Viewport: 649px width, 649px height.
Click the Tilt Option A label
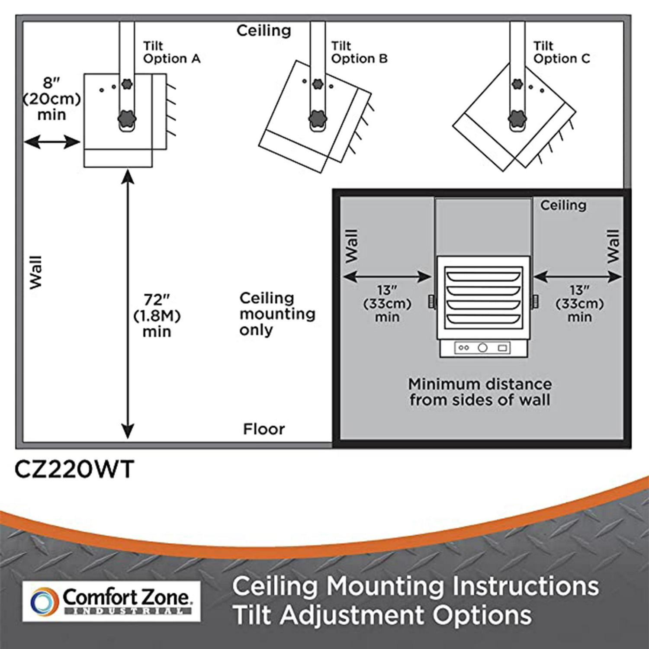(x=172, y=52)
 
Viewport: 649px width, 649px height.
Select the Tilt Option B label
(x=359, y=52)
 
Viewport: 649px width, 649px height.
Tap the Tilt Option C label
(x=562, y=52)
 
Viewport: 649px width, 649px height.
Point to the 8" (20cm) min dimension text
(x=51, y=99)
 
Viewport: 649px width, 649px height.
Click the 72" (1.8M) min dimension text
(x=157, y=316)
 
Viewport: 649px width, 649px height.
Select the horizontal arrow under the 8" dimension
(x=52, y=142)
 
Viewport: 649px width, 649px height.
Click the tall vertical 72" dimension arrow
(x=128, y=304)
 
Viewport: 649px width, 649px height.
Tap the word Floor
(x=264, y=429)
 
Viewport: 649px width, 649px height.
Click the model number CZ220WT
(x=74, y=469)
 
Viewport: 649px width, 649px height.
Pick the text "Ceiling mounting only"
(x=277, y=314)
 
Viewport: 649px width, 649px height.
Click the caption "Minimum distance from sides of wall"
(x=480, y=392)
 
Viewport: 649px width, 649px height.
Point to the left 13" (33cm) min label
(x=387, y=304)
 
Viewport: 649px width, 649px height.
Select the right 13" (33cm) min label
(x=580, y=304)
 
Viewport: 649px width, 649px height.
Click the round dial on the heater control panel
(x=483, y=347)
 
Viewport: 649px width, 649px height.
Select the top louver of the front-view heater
(x=483, y=276)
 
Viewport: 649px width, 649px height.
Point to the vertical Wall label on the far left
(x=36, y=272)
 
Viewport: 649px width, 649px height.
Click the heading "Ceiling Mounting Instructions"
(x=416, y=587)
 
